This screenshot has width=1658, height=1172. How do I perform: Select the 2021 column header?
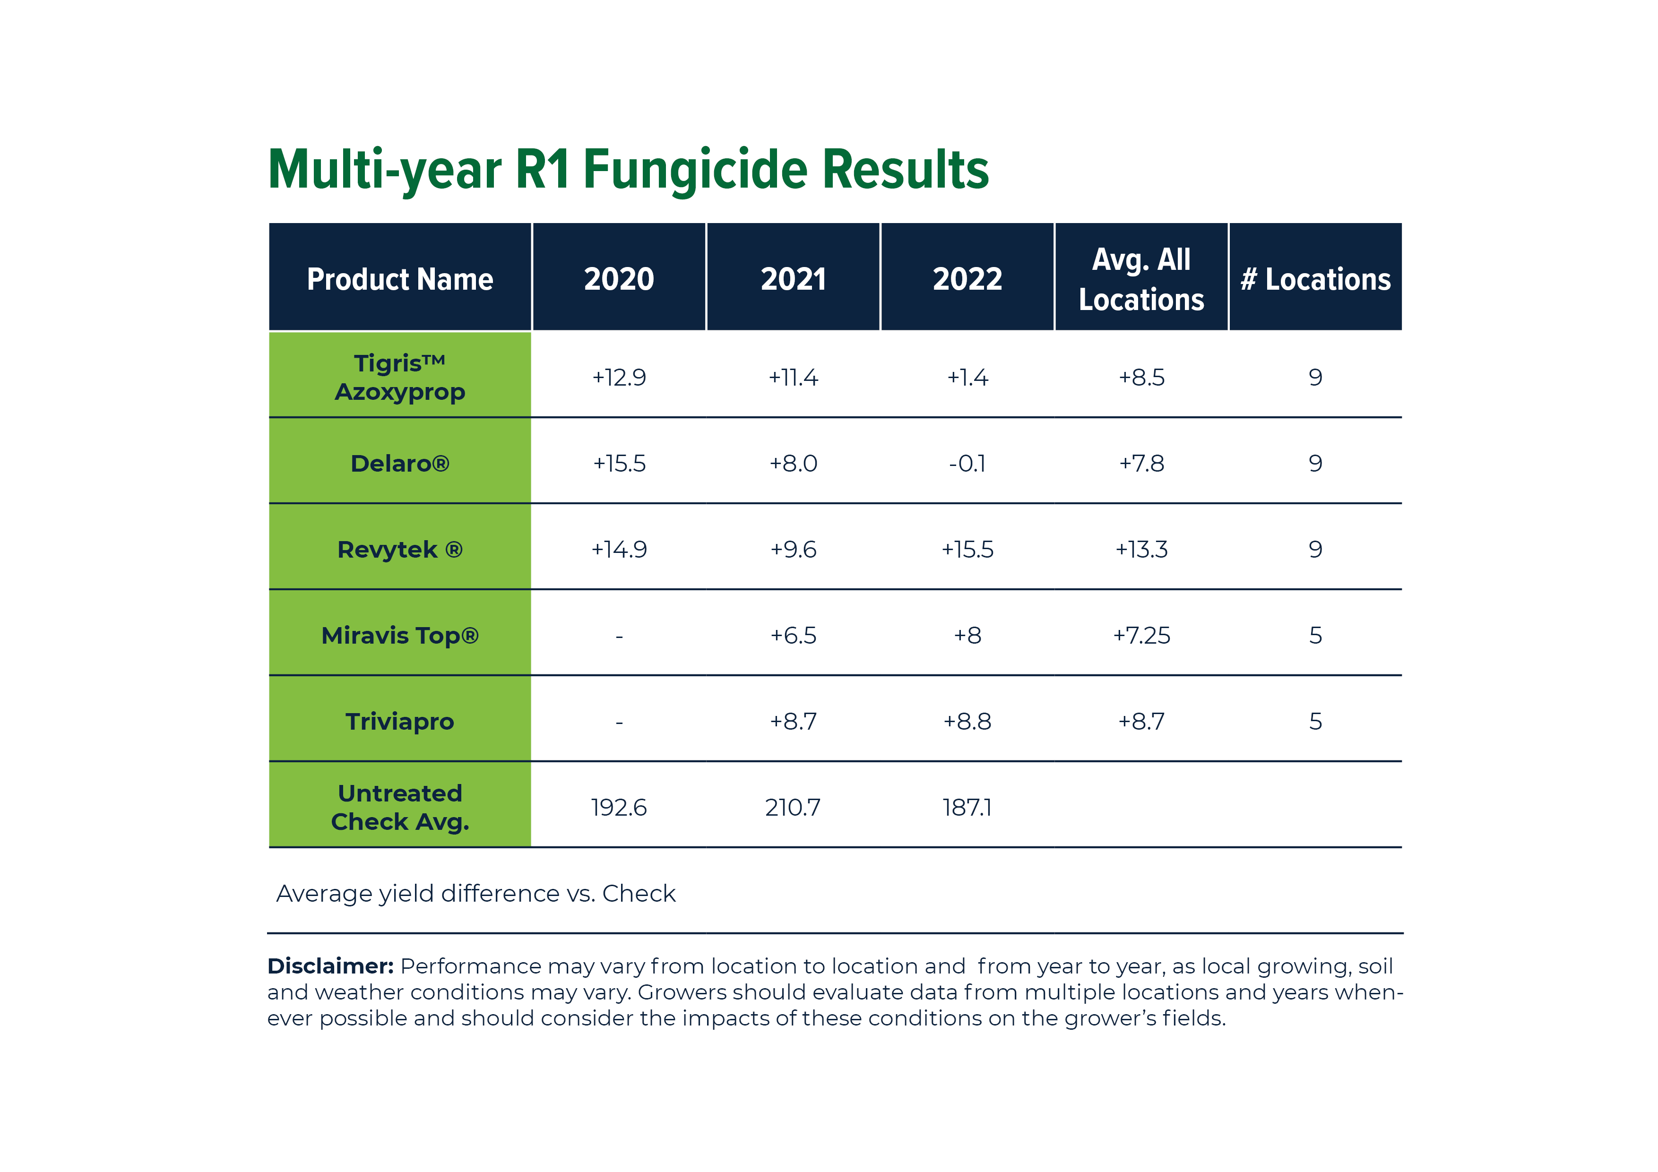pyautogui.click(x=793, y=279)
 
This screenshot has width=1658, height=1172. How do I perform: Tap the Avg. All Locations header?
pyautogui.click(x=1141, y=279)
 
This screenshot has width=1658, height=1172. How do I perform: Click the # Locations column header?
pyautogui.click(x=1315, y=279)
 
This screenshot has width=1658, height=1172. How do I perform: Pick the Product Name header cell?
pyautogui.click(x=399, y=279)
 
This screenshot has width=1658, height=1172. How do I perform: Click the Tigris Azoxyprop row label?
pyautogui.click(x=399, y=377)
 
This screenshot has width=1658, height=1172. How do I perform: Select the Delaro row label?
pyautogui.click(x=399, y=463)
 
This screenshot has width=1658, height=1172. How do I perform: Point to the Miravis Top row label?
pyautogui.click(x=399, y=636)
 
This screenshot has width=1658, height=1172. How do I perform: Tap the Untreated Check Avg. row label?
pyautogui.click(x=399, y=807)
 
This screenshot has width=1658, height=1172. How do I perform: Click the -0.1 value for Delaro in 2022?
pyautogui.click(x=967, y=463)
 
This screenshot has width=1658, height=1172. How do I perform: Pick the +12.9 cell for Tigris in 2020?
pyautogui.click(x=619, y=377)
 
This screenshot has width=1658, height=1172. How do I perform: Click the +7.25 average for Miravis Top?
pyautogui.click(x=1141, y=636)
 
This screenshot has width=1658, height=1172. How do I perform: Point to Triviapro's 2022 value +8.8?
pyautogui.click(x=967, y=722)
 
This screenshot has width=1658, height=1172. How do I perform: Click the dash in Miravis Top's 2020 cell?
pyautogui.click(x=619, y=636)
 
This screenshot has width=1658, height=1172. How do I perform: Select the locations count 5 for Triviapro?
pyautogui.click(x=1315, y=722)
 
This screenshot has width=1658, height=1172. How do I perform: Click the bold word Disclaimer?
pyautogui.click(x=330, y=966)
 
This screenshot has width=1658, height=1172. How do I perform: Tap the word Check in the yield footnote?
pyautogui.click(x=639, y=894)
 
